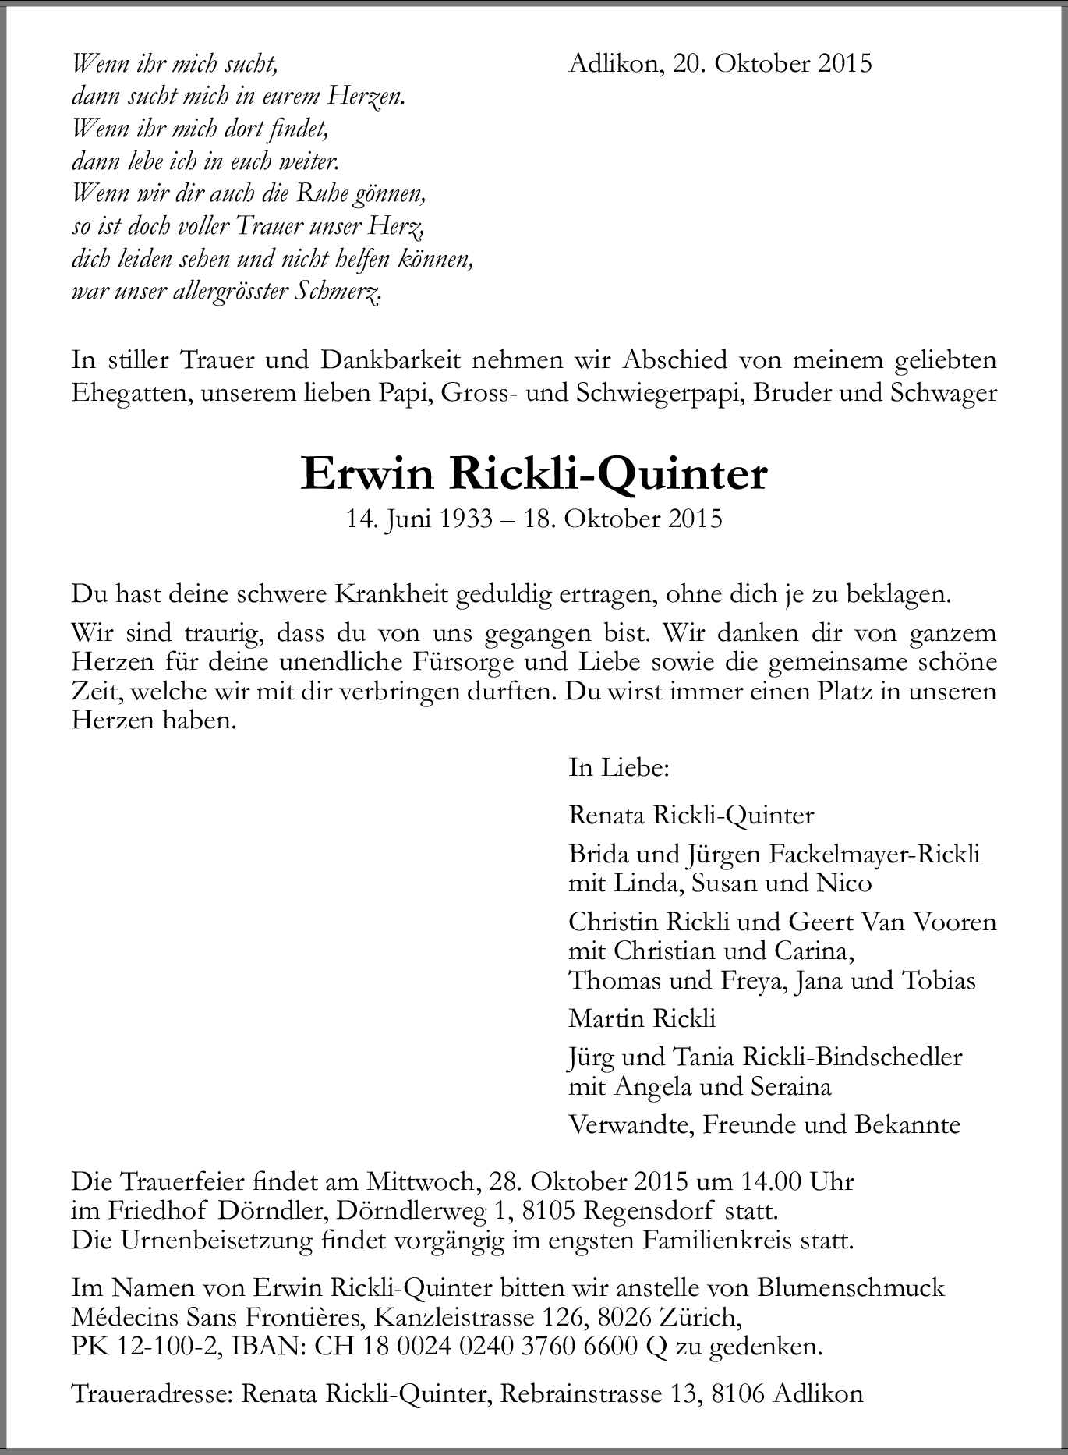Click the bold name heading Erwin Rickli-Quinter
[x=534, y=475]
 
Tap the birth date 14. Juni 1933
[x=419, y=519]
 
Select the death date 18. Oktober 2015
[x=623, y=519]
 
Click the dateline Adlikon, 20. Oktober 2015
[x=720, y=63]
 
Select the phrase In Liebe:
[x=619, y=768]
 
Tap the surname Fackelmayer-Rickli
[x=874, y=855]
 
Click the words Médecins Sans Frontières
[x=216, y=1318]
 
